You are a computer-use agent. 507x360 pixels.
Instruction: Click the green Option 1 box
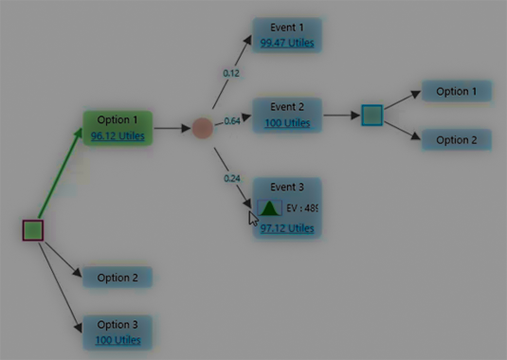(x=118, y=127)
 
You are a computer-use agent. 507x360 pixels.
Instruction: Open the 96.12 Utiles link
(x=118, y=136)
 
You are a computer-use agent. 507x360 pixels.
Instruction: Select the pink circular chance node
(x=202, y=128)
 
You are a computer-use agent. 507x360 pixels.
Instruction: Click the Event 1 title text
(x=287, y=28)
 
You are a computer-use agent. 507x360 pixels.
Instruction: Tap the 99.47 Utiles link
(x=287, y=44)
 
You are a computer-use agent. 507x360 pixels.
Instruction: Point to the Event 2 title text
(x=287, y=107)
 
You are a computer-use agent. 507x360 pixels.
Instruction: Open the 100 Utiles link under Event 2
(x=287, y=123)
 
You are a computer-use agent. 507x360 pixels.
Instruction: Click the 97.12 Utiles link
(x=287, y=228)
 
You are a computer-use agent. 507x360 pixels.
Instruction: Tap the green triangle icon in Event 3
(x=269, y=208)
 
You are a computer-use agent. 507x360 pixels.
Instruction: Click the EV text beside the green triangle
(x=301, y=208)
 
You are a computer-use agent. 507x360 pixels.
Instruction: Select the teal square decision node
(x=372, y=116)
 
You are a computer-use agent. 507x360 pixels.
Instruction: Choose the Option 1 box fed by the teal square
(x=456, y=92)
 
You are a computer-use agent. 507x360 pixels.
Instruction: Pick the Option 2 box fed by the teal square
(x=456, y=140)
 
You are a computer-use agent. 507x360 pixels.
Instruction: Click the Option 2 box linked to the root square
(x=118, y=278)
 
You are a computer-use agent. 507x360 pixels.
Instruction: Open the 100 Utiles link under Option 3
(x=118, y=339)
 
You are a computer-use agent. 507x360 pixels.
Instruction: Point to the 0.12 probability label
(x=231, y=72)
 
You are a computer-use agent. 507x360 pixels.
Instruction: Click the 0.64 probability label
(x=231, y=120)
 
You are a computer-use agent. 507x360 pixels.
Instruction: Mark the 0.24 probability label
(x=231, y=178)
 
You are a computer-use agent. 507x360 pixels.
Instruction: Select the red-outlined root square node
(x=33, y=229)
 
